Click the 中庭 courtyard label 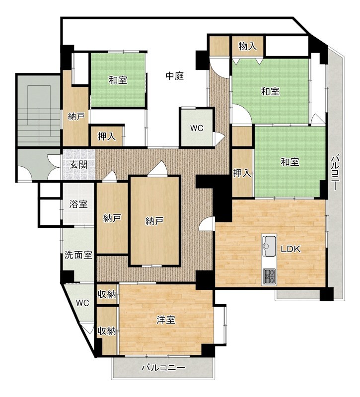(x=175, y=76)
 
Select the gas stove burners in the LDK (x=269, y=276)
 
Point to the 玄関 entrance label (x=79, y=165)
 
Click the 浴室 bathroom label (x=78, y=204)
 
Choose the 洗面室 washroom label (x=78, y=255)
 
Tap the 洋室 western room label (x=166, y=320)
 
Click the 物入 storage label (x=247, y=46)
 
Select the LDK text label (x=290, y=249)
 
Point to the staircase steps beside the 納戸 (x=38, y=116)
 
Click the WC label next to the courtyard (x=197, y=128)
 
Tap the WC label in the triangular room (x=82, y=303)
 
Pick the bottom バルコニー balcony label (x=163, y=368)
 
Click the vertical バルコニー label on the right (x=335, y=172)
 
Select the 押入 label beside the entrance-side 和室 (x=107, y=137)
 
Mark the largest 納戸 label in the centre (x=154, y=221)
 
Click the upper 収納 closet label (x=107, y=294)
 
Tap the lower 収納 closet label (x=107, y=331)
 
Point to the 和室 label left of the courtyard (x=118, y=80)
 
